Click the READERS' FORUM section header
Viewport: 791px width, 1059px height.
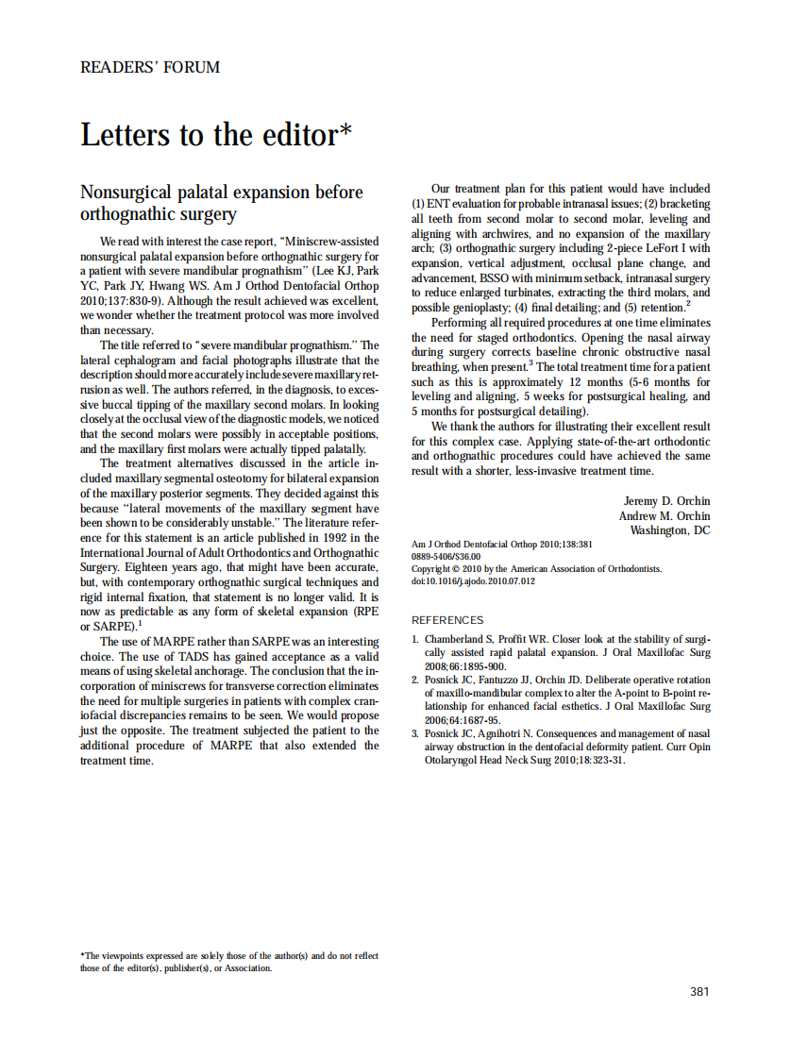pyautogui.click(x=150, y=67)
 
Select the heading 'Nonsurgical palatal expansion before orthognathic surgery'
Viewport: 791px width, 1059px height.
pyautogui.click(x=222, y=203)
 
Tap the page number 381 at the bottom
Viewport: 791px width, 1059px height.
pyautogui.click(x=699, y=991)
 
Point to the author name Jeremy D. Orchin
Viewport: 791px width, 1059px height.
pyautogui.click(x=667, y=500)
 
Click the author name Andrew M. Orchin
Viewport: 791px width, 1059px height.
pyautogui.click(x=665, y=515)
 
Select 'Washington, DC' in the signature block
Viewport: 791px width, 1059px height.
pyautogui.click(x=670, y=530)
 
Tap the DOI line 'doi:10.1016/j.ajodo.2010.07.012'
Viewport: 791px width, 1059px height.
pyautogui.click(x=474, y=581)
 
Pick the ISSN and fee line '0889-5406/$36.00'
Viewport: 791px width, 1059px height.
pyautogui.click(x=446, y=557)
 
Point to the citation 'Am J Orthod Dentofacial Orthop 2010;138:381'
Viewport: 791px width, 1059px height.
pyautogui.click(x=502, y=545)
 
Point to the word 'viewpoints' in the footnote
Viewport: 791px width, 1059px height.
pyautogui.click(x=127, y=956)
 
